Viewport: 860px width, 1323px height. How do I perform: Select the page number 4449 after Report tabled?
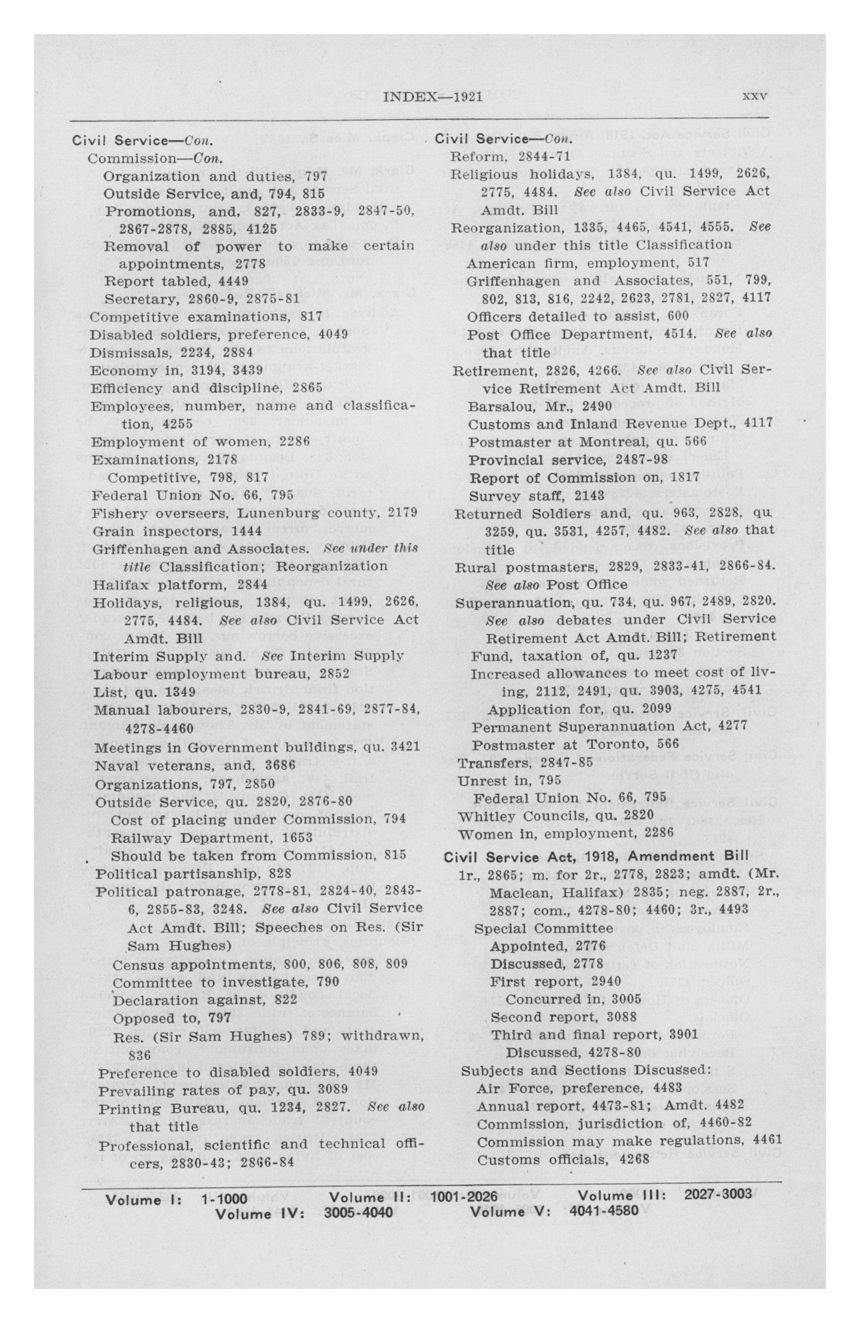point(233,281)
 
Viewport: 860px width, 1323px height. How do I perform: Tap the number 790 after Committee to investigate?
point(328,982)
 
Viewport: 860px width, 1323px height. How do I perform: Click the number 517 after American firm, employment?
point(698,263)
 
